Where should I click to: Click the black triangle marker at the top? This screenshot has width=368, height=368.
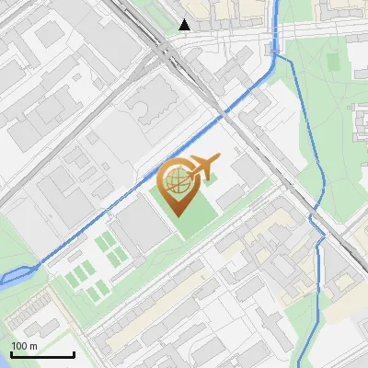(x=184, y=25)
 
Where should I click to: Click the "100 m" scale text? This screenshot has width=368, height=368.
(x=25, y=346)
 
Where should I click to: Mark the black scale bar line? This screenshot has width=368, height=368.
(x=41, y=354)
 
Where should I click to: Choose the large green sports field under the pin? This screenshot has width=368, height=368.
(x=198, y=216)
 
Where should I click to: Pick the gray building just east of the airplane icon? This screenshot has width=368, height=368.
(x=246, y=169)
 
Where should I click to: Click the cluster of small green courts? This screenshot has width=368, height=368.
(x=92, y=267)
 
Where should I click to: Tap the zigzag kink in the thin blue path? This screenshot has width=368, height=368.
(x=317, y=225)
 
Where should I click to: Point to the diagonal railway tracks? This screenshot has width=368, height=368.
(x=248, y=138)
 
